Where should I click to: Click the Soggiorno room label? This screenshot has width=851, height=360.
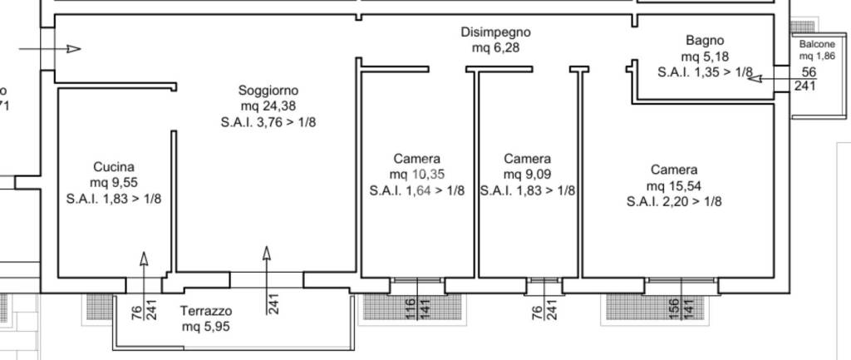click(268, 90)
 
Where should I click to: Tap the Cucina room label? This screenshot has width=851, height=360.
click(114, 166)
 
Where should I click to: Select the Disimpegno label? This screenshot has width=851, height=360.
click(495, 32)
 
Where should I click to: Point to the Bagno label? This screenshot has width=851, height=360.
click(705, 40)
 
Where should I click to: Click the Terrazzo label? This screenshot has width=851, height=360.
click(206, 311)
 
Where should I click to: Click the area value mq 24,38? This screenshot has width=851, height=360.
click(268, 106)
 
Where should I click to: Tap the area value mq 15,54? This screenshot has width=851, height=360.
click(674, 185)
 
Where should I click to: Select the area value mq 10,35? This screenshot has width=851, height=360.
click(417, 175)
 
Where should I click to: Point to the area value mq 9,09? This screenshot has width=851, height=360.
click(528, 175)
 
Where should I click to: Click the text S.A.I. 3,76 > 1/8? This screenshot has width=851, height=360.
click(268, 122)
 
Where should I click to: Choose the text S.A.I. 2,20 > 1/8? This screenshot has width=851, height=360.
click(674, 200)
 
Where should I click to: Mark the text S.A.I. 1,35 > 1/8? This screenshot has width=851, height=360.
click(705, 72)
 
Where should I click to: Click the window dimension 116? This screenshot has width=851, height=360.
click(410, 308)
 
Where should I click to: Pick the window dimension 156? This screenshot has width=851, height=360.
click(674, 308)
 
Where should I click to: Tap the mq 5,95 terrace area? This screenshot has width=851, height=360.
click(206, 327)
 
